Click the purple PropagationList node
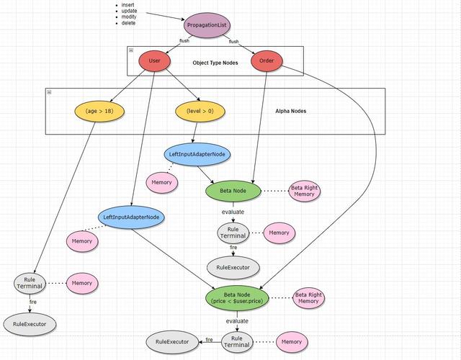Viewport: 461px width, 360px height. pos(207,25)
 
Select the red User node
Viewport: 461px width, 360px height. pos(155,60)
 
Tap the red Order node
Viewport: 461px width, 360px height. pos(267,60)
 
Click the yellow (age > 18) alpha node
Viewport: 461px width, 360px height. pos(99,111)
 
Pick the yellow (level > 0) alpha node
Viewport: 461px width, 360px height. pos(200,111)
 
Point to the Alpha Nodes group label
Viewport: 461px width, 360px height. pos(291,111)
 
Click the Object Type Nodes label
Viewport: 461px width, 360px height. pos(215,63)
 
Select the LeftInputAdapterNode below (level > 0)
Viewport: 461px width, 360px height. pos(197,154)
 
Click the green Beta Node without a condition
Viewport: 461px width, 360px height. pos(233,191)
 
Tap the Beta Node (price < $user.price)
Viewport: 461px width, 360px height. pos(237,297)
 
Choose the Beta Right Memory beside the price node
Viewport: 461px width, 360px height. pos(309,297)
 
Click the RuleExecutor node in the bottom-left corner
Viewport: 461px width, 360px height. pos(30,324)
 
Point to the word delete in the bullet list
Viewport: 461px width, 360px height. pos(128,23)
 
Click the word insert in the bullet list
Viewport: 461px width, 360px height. pos(128,5)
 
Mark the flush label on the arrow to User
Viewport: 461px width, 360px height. pos(184,40)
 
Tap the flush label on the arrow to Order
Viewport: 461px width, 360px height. pos(233,42)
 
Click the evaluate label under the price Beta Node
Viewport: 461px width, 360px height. pos(237,321)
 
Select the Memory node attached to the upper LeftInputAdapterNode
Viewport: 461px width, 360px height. pos(161,182)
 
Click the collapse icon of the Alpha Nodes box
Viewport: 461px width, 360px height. pos(49,92)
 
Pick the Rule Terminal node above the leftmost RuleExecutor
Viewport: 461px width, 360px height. pos(30,283)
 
